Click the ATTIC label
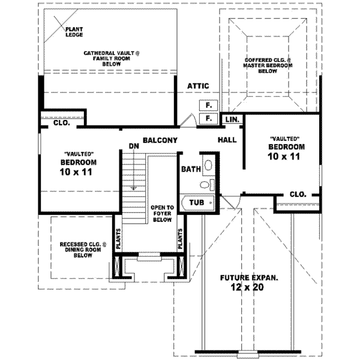point(197,86)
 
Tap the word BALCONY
point(159,140)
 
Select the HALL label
point(227,140)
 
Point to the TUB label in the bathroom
point(197,203)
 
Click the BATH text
point(191,170)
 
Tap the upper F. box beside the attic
point(208,106)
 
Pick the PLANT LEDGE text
point(74,32)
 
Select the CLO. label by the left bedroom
point(61,124)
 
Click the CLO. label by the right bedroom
point(298,194)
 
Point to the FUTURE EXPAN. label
point(248,278)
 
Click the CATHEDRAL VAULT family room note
point(111,58)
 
